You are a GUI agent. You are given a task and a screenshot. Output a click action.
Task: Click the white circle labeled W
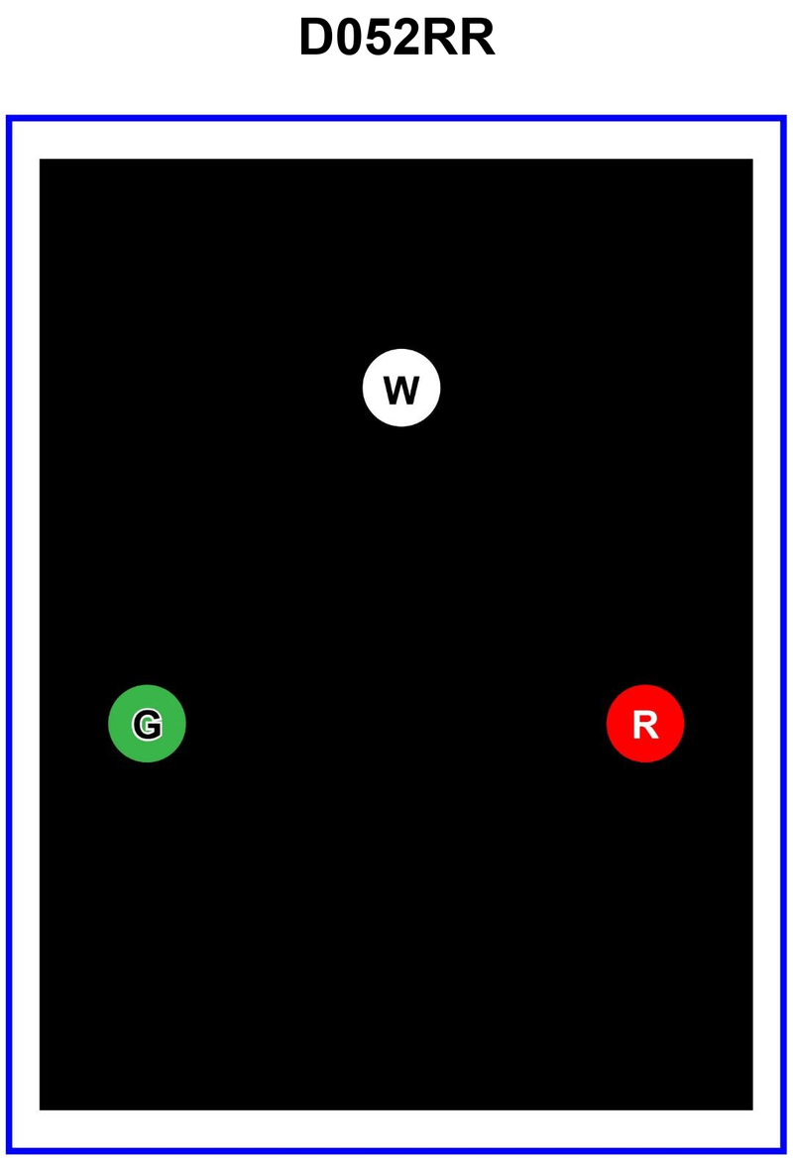401,388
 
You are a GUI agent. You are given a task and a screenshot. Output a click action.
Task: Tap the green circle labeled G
147,724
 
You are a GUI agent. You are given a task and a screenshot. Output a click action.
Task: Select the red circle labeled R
645,724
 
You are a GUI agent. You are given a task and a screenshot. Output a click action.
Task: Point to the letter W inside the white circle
401,390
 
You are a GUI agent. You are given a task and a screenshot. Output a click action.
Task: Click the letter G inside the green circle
147,726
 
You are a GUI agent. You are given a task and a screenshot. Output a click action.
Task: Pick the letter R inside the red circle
645,726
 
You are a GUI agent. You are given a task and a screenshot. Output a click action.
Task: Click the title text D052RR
396,40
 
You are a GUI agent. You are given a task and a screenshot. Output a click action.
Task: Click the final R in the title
478,40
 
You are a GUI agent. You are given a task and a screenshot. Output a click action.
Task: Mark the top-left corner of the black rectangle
40,159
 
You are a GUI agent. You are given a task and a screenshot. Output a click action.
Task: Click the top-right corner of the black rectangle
752,159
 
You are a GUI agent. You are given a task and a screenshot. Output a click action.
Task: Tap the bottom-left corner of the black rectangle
40,1109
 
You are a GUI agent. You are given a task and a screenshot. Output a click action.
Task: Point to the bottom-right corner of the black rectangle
752,1109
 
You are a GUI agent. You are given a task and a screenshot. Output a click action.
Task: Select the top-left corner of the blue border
8,118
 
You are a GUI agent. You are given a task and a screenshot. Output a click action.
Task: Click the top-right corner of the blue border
785,118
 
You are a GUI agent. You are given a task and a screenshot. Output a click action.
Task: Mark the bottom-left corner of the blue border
8,1152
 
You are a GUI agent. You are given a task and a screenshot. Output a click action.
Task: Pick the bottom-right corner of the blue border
785,1152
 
